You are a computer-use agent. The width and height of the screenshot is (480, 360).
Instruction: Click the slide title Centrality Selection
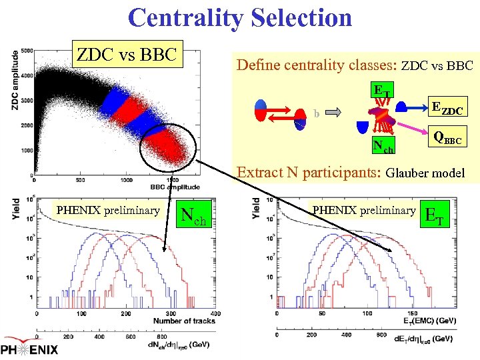pyautogui.click(x=240, y=17)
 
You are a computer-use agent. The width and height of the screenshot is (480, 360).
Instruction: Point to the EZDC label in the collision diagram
pyautogui.click(x=449, y=107)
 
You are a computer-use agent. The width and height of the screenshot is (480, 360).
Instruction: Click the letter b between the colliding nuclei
pyautogui.click(x=317, y=113)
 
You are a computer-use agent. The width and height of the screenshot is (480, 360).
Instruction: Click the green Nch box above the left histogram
pyautogui.click(x=194, y=214)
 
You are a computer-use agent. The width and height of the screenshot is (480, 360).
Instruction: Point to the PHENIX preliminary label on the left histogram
pyautogui.click(x=108, y=211)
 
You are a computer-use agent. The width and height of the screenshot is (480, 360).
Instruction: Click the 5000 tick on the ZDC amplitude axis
pyautogui.click(x=27, y=51)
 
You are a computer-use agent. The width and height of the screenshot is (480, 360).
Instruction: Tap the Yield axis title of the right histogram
pyautogui.click(x=257, y=209)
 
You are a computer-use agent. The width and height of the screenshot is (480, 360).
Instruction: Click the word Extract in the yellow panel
pyautogui.click(x=259, y=173)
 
